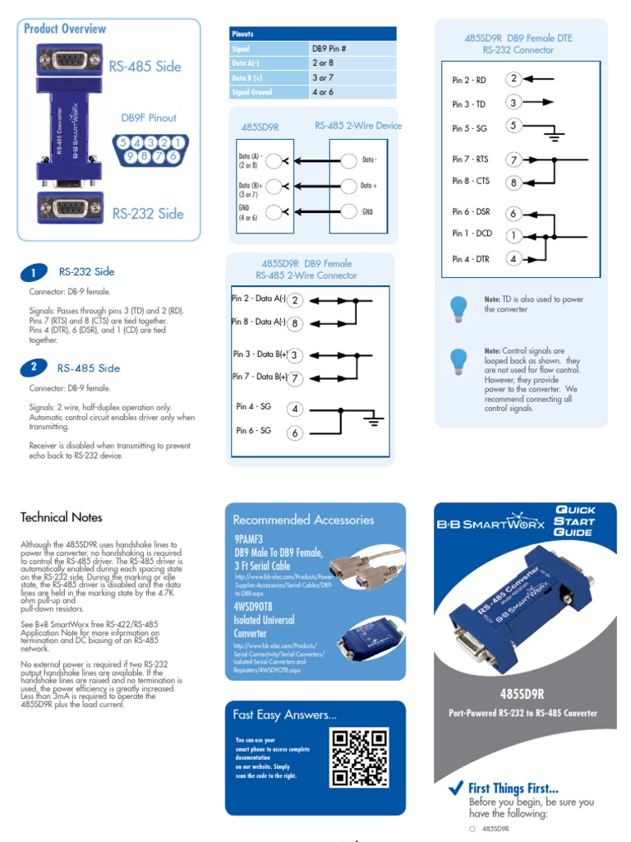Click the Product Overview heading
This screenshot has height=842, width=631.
65,29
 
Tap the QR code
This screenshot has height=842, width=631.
359,757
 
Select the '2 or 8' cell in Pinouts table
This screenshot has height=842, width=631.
323,62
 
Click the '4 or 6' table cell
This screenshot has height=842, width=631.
323,92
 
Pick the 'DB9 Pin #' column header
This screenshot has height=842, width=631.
329,49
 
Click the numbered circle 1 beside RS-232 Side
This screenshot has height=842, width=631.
33,272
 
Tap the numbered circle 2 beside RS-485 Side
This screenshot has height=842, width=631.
33,368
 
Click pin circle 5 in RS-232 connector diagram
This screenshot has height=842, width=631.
514,126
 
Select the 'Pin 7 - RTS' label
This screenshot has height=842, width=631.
472,160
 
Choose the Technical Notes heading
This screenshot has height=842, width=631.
62,517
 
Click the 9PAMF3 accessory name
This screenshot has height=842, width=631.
250,538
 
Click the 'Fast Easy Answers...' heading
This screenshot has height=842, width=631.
284,715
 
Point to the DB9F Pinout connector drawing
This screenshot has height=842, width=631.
150,148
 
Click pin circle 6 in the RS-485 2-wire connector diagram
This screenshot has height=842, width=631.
294,433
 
